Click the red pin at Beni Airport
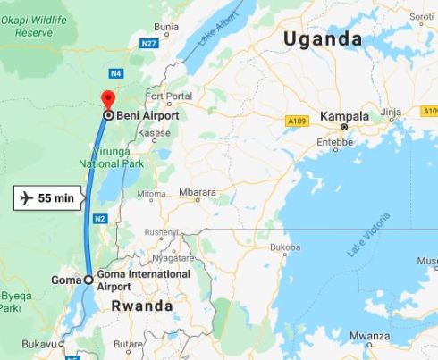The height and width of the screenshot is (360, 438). coord(108,99)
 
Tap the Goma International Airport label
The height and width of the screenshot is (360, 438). coord(144,280)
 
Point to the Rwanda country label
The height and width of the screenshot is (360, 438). coord(142,306)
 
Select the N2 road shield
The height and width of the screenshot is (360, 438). coord(99,218)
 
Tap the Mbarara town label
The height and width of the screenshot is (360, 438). coord(197,192)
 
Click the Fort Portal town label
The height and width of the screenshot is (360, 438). coord(167,96)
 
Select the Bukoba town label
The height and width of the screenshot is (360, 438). coord(284,246)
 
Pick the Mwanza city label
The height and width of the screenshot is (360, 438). coord(369,337)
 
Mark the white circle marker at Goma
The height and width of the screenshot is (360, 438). coord(88,280)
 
